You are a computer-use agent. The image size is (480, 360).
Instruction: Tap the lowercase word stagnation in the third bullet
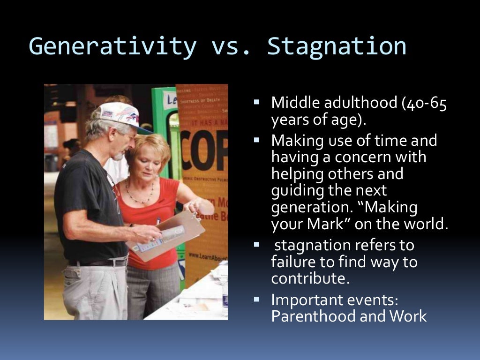click(313, 245)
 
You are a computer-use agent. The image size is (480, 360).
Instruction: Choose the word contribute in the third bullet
click(310, 278)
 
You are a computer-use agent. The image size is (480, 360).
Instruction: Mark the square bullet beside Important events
click(256, 298)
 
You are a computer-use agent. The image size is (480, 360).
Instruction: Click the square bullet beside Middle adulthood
click(256, 101)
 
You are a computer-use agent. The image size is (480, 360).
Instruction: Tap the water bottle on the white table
click(225, 295)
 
